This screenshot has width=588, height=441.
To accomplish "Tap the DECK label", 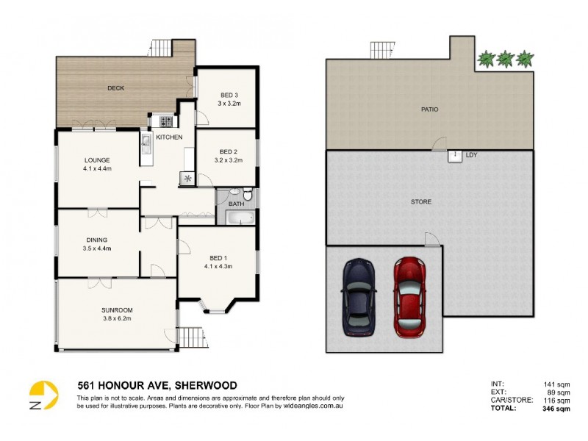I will coord(115,88).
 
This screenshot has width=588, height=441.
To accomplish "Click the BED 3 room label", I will coord(229,95).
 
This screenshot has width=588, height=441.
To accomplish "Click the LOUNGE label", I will coord(97,160).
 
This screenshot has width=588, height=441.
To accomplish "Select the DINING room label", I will coord(96,240).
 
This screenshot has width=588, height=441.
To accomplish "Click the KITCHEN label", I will coord(169,137).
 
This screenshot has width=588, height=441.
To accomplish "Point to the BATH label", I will coord(236,204).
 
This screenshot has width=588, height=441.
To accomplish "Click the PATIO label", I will coord(430,110).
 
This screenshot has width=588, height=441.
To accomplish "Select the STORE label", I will coord(421,201).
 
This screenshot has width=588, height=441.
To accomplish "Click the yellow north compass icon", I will coord(43,394).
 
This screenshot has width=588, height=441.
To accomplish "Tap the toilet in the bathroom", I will coord(248,195).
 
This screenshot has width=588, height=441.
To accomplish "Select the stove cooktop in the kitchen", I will coord(166,121).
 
